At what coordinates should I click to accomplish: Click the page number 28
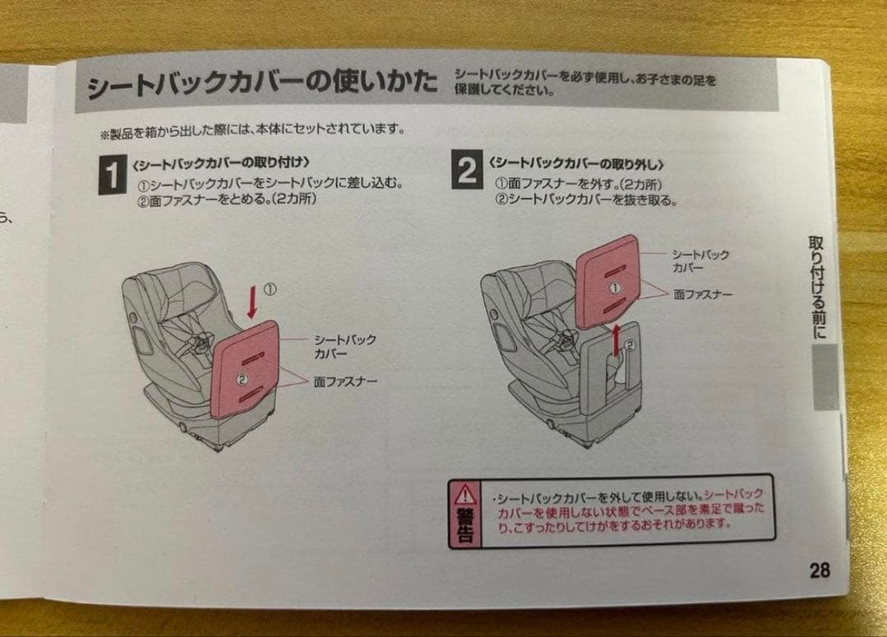(x=819, y=570)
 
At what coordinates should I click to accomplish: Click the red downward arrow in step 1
(x=252, y=301)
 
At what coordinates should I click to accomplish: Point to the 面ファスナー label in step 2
(x=702, y=293)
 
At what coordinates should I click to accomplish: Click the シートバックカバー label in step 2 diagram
(x=700, y=262)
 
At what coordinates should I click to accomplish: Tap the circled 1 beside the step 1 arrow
(x=270, y=289)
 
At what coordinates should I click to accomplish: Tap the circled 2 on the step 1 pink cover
(x=242, y=378)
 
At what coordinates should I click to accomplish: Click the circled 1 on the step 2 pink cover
(x=612, y=288)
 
